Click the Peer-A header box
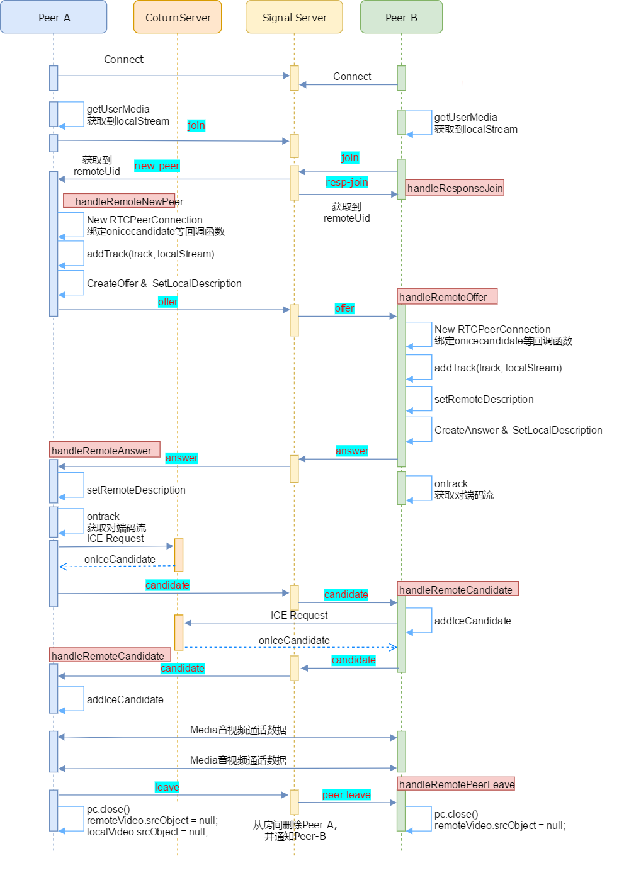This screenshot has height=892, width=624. pyautogui.click(x=54, y=18)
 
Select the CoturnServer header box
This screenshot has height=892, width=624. pyautogui.click(x=178, y=18)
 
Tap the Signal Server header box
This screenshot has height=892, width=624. pyautogui.click(x=294, y=18)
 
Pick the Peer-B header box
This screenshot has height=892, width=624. pyautogui.click(x=401, y=18)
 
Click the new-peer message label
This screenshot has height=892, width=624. pyautogui.click(x=157, y=166)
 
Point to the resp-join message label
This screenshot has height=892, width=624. pyautogui.click(x=347, y=182)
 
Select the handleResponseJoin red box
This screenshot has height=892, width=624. pyautogui.click(x=455, y=188)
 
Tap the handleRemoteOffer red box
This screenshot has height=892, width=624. pyautogui.click(x=447, y=296)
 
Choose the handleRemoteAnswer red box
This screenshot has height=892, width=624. pyautogui.click(x=105, y=450)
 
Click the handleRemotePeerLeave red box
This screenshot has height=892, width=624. pyautogui.click(x=457, y=784)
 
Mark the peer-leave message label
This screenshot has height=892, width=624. pyautogui.click(x=346, y=794)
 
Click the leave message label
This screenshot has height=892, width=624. pyautogui.click(x=167, y=787)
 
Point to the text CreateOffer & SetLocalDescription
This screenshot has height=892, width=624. pyautogui.click(x=164, y=283)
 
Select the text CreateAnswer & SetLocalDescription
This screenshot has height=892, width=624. pyautogui.click(x=518, y=430)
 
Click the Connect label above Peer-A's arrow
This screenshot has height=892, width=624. pyautogui.click(x=123, y=59)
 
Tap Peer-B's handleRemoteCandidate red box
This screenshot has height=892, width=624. pyautogui.click(x=458, y=589)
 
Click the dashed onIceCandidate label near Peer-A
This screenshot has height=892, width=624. pyautogui.click(x=120, y=559)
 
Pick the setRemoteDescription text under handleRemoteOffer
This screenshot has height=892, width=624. pyautogui.click(x=484, y=399)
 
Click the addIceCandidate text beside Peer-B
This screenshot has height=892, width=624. pyautogui.click(x=472, y=621)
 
